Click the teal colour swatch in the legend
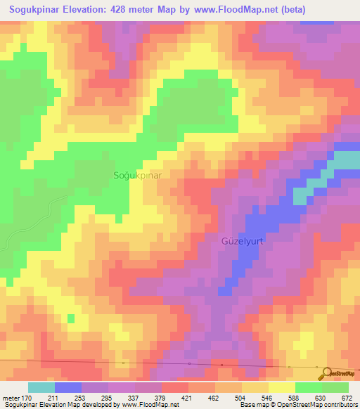click(41, 388)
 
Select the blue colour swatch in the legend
click(67, 388)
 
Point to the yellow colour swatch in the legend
click(281, 388)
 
